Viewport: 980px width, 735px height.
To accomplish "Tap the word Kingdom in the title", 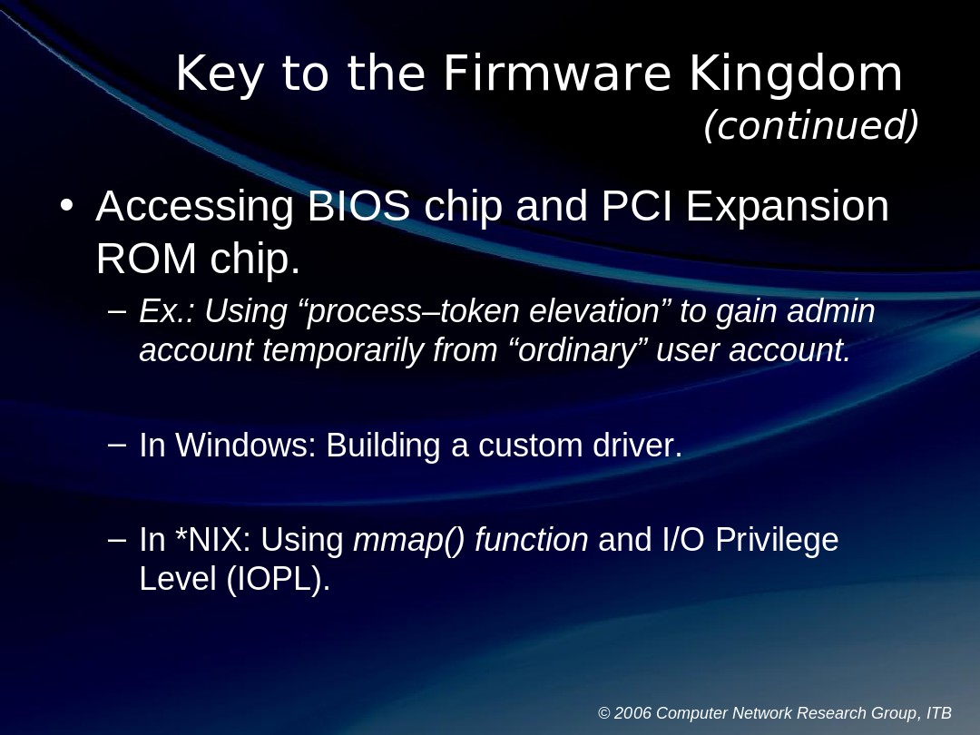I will coord(796,74).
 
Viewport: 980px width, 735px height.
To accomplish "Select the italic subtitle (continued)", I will coord(810,126).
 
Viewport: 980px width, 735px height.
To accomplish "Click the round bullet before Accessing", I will coord(65,206).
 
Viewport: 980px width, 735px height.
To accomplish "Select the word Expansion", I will coord(788,207).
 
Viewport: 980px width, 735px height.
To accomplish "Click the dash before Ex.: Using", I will coord(116,311).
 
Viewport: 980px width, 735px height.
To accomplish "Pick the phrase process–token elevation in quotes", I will coord(482,311).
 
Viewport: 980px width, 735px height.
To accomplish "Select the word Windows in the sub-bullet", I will coord(244,446).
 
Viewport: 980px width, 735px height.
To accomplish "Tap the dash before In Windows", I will coord(116,445).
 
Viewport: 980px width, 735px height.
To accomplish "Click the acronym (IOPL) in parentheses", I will coord(278,579).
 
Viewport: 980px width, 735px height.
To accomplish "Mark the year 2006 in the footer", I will coord(632,713).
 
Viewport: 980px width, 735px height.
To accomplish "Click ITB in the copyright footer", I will coord(938,713).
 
